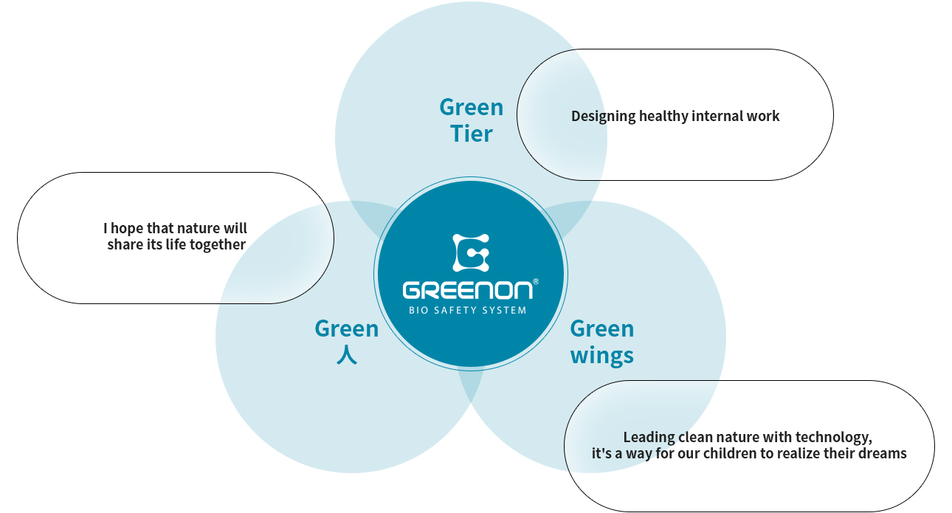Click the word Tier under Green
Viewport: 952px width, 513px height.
472,134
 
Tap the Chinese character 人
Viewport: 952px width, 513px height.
347,355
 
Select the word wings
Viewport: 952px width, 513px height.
601,355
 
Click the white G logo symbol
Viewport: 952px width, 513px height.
471,252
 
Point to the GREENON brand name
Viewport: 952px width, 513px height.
467,290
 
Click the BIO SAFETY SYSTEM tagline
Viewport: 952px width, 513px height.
467,310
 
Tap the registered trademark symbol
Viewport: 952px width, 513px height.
536,281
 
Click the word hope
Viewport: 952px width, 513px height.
127,229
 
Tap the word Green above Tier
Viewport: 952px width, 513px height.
472,107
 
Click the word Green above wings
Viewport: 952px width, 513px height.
601,329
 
